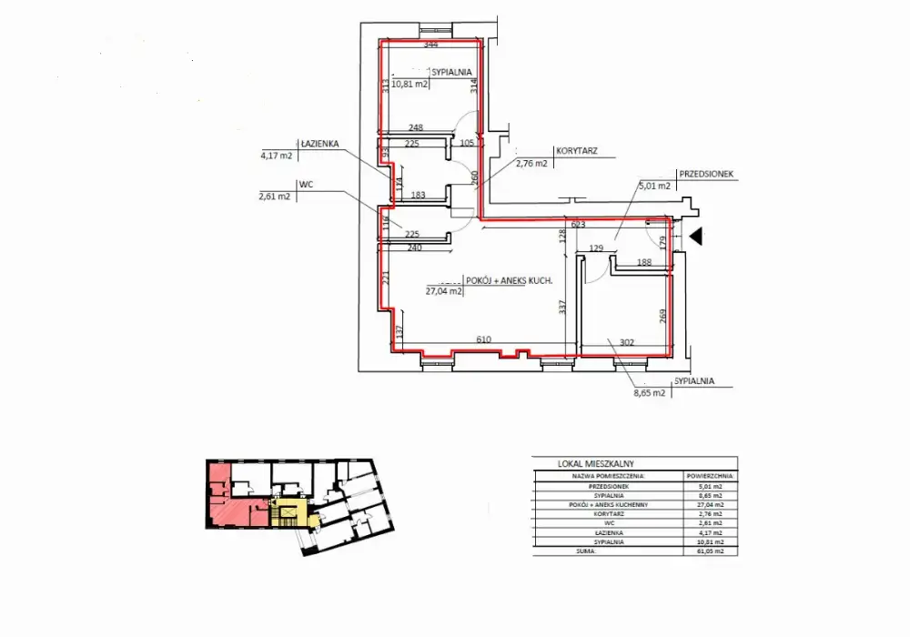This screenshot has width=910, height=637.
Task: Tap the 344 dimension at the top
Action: point(430,45)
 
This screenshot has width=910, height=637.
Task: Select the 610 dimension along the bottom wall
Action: point(483,339)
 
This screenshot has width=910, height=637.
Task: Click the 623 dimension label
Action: point(576,223)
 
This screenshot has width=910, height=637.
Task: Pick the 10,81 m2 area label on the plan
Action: point(409,84)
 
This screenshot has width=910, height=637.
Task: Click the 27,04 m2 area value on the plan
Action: point(444,292)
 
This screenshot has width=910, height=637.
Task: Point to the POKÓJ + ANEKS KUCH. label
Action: point(510,279)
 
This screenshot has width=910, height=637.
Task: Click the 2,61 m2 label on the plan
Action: point(276,196)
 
